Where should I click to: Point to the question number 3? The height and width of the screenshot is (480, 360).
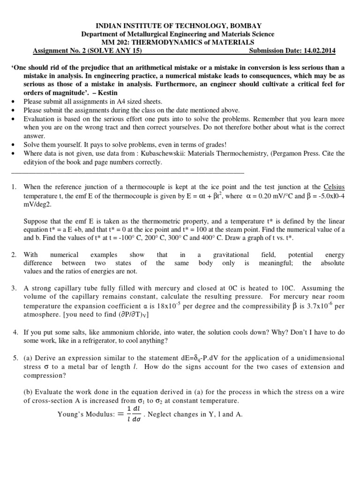coord(14,288)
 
